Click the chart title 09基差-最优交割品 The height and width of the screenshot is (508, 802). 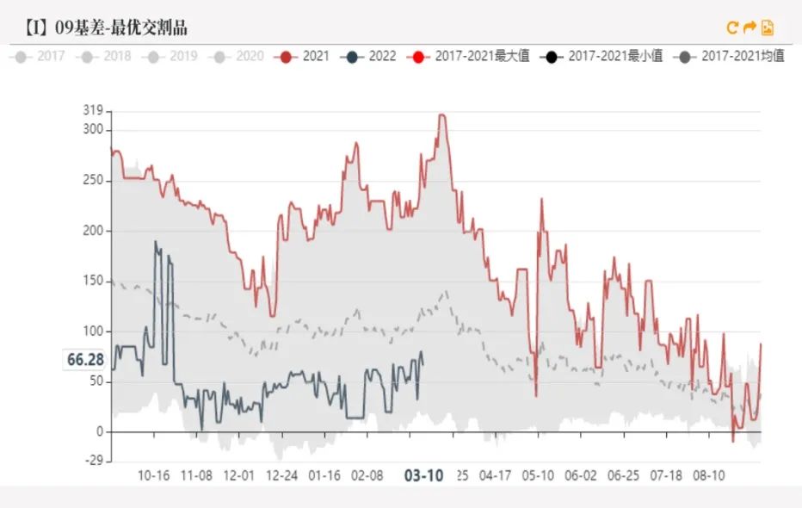click(108, 28)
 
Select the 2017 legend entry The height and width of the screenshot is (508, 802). click(40, 57)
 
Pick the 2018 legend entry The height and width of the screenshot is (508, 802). click(107, 57)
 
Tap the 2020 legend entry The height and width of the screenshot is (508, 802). click(239, 57)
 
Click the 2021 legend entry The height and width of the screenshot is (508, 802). click(305, 57)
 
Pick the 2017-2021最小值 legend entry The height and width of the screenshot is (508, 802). click(603, 57)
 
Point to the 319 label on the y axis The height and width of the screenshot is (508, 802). click(93, 110)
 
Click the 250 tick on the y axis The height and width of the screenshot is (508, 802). click(93, 181)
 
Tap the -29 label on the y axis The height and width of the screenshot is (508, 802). click(93, 462)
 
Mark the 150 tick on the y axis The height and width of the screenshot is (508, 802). click(93, 282)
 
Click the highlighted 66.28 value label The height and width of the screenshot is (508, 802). click(85, 359)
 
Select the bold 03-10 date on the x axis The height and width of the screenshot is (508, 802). click(424, 475)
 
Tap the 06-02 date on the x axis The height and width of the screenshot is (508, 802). click(580, 475)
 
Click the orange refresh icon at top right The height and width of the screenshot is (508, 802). click(732, 28)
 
